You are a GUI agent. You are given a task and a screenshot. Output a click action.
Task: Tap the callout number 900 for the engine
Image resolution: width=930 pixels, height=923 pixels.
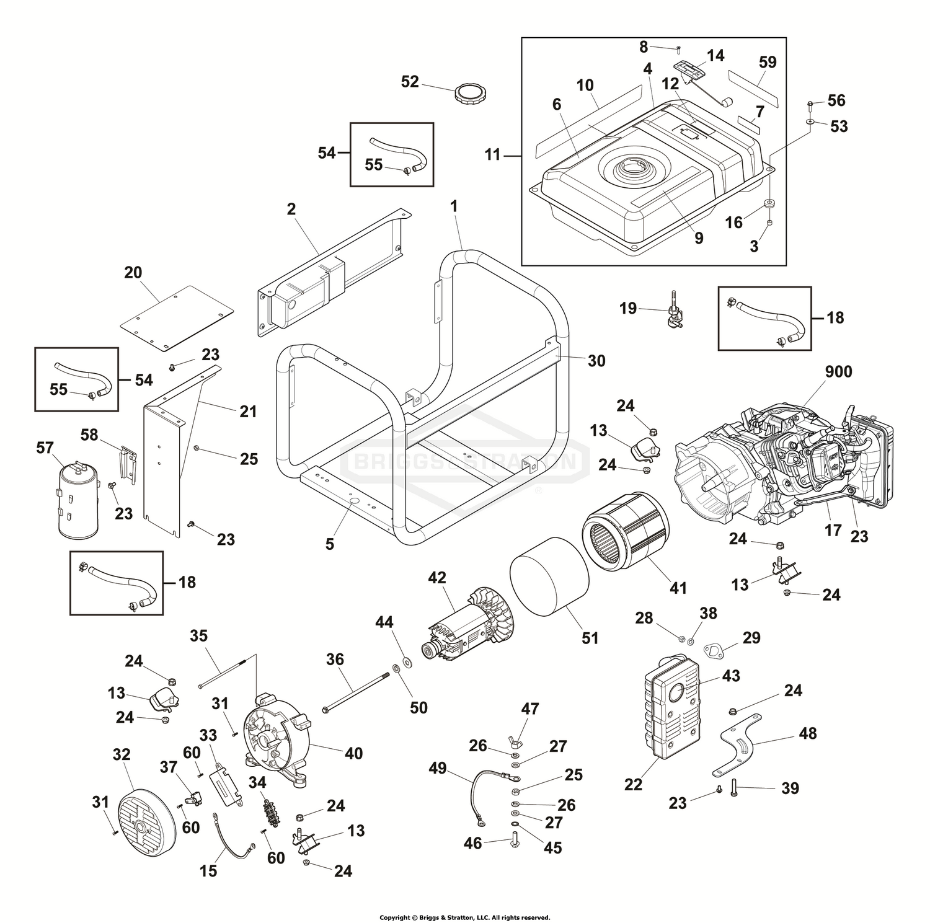click(x=838, y=371)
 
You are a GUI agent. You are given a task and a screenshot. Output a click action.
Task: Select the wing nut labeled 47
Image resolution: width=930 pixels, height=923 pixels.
click(x=515, y=740)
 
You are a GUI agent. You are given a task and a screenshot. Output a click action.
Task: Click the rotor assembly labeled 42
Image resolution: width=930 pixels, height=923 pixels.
click(x=467, y=627)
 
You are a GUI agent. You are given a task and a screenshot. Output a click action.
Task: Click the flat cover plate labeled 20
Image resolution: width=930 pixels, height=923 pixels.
click(x=176, y=317)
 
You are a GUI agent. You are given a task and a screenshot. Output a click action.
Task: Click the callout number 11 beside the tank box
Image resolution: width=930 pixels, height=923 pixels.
click(x=492, y=154)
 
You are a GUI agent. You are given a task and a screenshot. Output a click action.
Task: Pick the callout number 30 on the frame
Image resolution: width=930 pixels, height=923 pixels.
click(x=596, y=361)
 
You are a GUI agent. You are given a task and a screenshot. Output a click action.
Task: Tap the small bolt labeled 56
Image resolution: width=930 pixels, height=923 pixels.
click(x=810, y=103)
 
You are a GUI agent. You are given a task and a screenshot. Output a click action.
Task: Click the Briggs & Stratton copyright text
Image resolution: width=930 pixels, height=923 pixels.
click(x=464, y=917)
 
